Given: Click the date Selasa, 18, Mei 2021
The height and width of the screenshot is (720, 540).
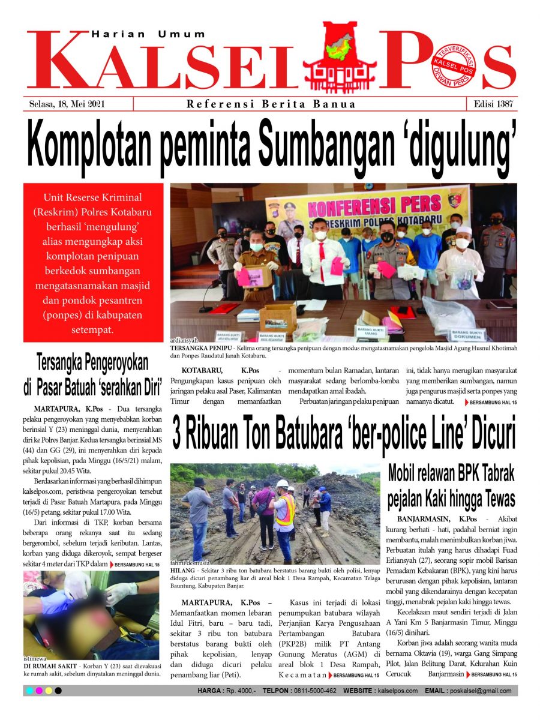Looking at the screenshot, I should click(x=67, y=104).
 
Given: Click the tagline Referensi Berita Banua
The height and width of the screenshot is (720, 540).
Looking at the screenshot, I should click(x=271, y=104).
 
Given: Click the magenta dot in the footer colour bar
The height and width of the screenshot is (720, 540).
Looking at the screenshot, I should click(x=39, y=691).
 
